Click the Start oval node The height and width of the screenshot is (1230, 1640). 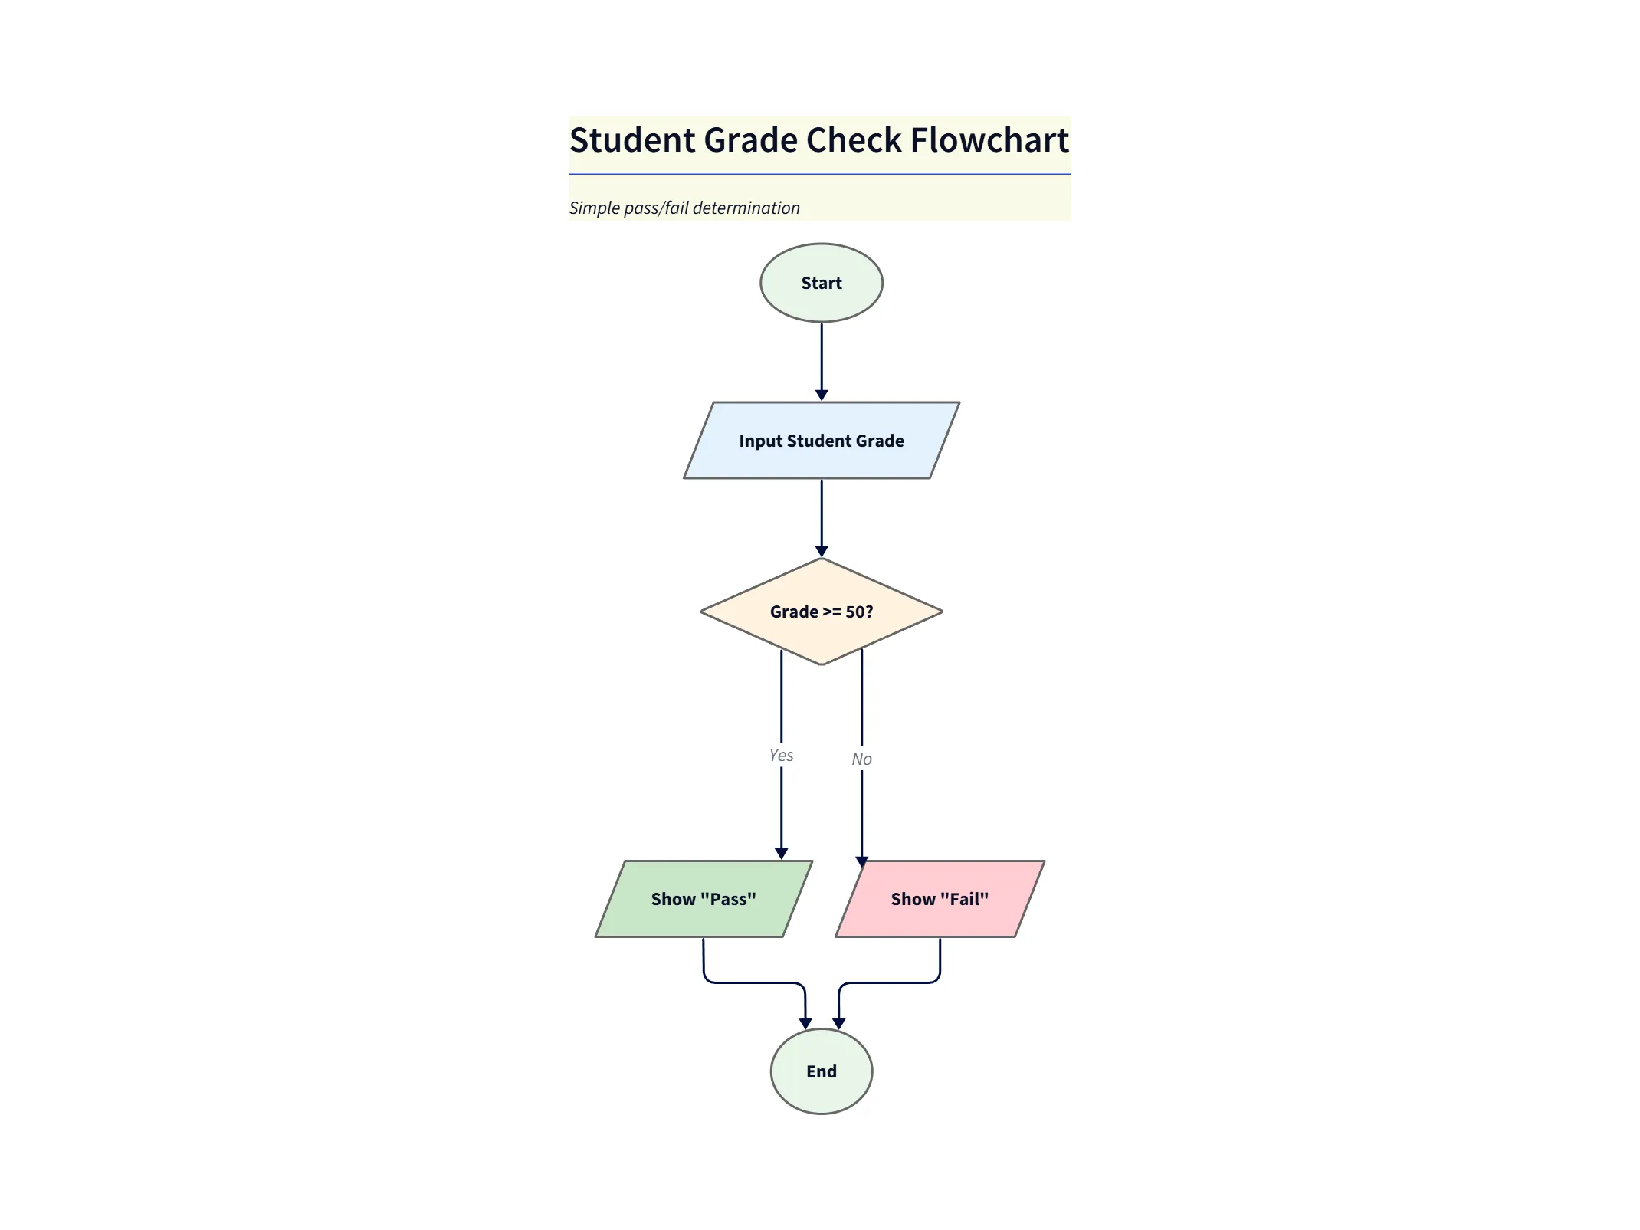[x=821, y=283]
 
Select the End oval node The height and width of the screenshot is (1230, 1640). [x=821, y=1071]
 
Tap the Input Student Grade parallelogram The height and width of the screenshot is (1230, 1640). [x=821, y=441]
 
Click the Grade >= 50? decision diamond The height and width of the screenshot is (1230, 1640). [x=821, y=612]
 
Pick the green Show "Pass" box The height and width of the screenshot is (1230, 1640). [x=703, y=899]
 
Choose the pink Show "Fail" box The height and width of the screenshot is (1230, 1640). [x=940, y=899]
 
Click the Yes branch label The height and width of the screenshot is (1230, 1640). [x=781, y=755]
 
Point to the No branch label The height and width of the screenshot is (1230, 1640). [x=861, y=759]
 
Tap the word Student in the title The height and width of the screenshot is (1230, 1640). [x=631, y=140]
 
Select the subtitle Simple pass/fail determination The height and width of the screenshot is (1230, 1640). [x=684, y=208]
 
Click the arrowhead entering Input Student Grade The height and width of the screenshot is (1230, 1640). [x=822, y=395]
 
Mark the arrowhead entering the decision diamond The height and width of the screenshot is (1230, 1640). [x=822, y=552]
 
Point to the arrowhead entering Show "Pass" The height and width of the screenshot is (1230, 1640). [x=781, y=854]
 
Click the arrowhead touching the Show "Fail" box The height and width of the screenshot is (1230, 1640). [x=861, y=861]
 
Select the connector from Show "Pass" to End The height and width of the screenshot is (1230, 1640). [x=755, y=982]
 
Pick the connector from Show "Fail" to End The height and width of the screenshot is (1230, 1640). [x=889, y=982]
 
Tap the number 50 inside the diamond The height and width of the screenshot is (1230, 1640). [x=854, y=612]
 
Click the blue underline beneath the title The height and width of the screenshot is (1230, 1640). [x=819, y=174]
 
